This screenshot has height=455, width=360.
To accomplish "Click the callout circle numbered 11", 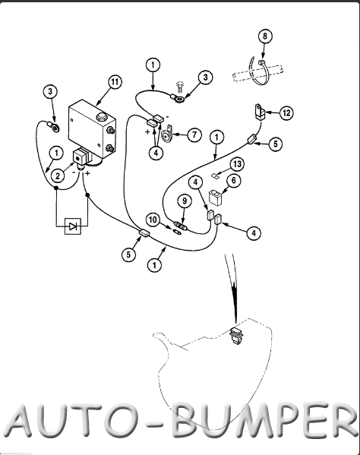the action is pos(115,82).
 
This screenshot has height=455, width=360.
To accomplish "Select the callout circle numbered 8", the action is pos(264,36).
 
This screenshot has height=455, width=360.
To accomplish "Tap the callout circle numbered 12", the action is pos(286,113).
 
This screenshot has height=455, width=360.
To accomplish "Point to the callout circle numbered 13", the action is pos(237,164).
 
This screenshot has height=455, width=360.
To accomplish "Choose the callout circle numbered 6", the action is pos(234,181).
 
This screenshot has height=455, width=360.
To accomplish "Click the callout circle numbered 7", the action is pos(194,135).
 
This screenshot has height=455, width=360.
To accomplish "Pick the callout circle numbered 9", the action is pos(185,201).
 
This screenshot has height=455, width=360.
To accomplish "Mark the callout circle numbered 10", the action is pos(153,220).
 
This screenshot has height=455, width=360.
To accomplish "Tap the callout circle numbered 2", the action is pos(58,176).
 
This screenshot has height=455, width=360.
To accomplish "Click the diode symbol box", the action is pos(72,226).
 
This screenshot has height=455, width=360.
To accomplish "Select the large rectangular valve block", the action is pos(92,128).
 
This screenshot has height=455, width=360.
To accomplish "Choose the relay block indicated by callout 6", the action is pos(216,197).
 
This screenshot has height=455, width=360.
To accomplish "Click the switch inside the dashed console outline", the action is pos(236,336).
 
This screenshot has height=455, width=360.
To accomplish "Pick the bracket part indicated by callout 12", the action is pos(261,112).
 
